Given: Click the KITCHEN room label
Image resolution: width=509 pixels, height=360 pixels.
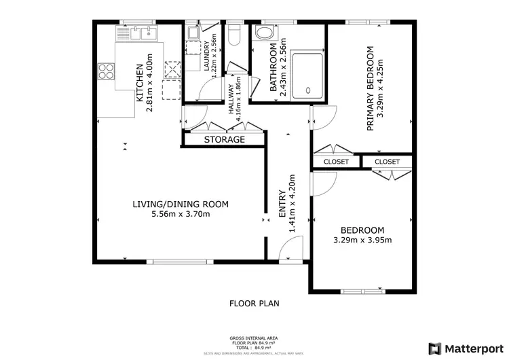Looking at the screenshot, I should tap(140, 83).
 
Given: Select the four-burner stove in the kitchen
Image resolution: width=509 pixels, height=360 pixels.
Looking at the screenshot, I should tap(107, 70).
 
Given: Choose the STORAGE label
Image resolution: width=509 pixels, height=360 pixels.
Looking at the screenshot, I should tap(225, 139).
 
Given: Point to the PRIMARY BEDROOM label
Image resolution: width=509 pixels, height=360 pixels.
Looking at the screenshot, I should tap(371, 88).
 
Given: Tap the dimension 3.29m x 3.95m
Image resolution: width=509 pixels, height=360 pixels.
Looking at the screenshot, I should tap(362, 240).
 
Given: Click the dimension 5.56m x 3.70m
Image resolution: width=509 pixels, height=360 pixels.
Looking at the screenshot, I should tap(180, 215).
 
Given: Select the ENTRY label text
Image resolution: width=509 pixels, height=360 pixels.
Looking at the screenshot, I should tap(283, 204).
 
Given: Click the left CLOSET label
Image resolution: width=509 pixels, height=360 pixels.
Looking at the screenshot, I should tap(336, 162).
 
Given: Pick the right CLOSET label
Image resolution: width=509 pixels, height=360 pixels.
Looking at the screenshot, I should tap(387, 162).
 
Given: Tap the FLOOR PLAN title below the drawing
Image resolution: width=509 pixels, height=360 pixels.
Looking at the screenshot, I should tap(254, 304).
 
